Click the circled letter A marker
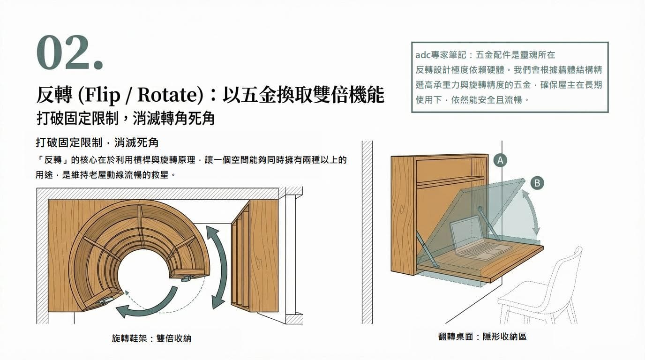[x=500, y=160]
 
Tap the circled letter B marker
[x=537, y=183]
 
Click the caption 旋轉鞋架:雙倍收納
[x=151, y=338]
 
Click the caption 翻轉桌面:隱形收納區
[x=482, y=337]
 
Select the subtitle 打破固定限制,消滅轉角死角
[x=125, y=118]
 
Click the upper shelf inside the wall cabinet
[x=450, y=180]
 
